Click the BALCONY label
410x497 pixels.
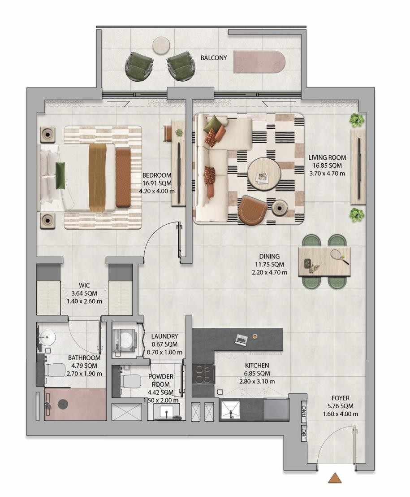213,58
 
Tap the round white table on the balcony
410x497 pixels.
161,46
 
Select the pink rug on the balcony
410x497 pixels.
259,61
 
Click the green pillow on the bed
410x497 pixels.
60,175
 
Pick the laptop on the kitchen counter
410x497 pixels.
241,340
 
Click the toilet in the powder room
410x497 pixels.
129,381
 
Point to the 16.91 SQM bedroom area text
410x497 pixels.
157,183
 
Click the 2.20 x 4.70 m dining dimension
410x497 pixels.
269,272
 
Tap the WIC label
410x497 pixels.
84,285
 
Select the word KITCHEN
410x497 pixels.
257,366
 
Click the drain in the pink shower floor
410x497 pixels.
63,404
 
